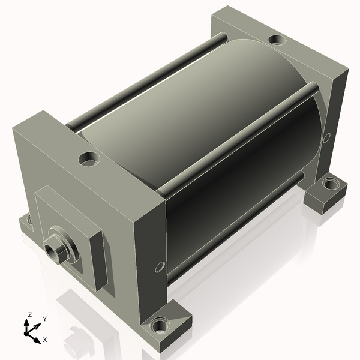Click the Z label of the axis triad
29,314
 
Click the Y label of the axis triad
45,319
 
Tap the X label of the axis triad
45,340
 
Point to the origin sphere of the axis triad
26,333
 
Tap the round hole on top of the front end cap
89,158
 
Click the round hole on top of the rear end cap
277,40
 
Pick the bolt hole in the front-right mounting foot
160,325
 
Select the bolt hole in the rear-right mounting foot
329,184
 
